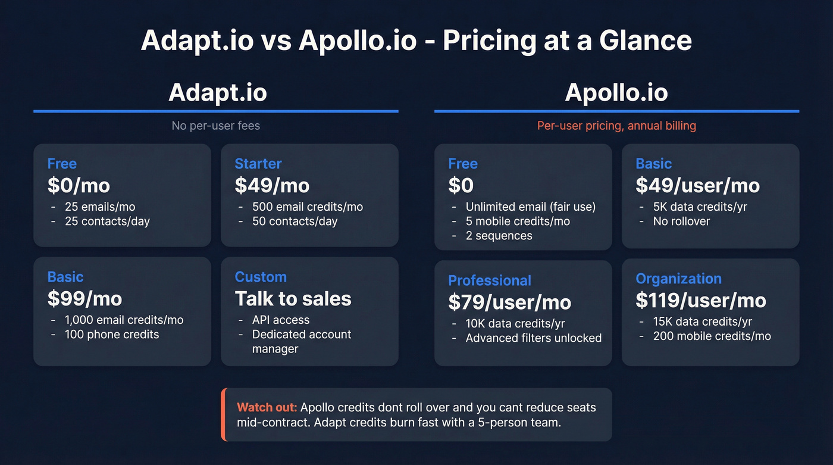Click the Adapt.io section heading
tap(217, 92)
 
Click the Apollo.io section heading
tap(616, 92)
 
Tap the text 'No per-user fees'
tap(216, 126)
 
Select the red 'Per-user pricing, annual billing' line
tap(616, 126)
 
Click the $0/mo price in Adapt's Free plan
tap(79, 185)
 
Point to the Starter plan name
tap(258, 164)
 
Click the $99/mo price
tap(84, 298)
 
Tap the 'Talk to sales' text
tap(293, 298)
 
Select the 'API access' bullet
tap(281, 320)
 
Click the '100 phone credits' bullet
tap(112, 334)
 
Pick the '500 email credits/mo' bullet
tap(307, 207)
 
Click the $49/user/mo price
tap(697, 185)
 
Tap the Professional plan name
tap(490, 280)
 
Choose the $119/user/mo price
tap(700, 300)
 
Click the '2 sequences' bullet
tap(499, 235)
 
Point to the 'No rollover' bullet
tap(681, 221)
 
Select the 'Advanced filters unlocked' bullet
tap(533, 338)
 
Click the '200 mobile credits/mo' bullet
tap(712, 336)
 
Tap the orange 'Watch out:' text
tap(267, 408)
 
